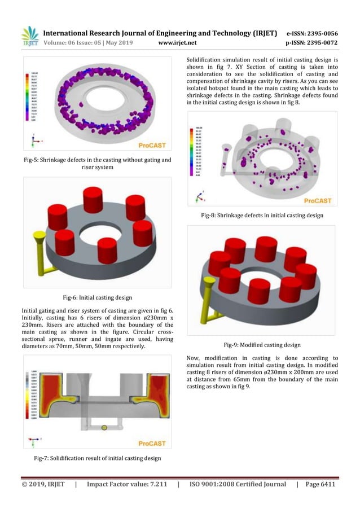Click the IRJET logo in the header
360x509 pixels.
29,36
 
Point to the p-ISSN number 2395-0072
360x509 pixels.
317,42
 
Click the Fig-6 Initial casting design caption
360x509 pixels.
97,296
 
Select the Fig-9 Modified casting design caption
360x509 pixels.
262,344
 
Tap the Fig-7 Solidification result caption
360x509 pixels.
97,458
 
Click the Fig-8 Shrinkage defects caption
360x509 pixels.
262,215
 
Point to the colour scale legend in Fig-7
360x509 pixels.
34,395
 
